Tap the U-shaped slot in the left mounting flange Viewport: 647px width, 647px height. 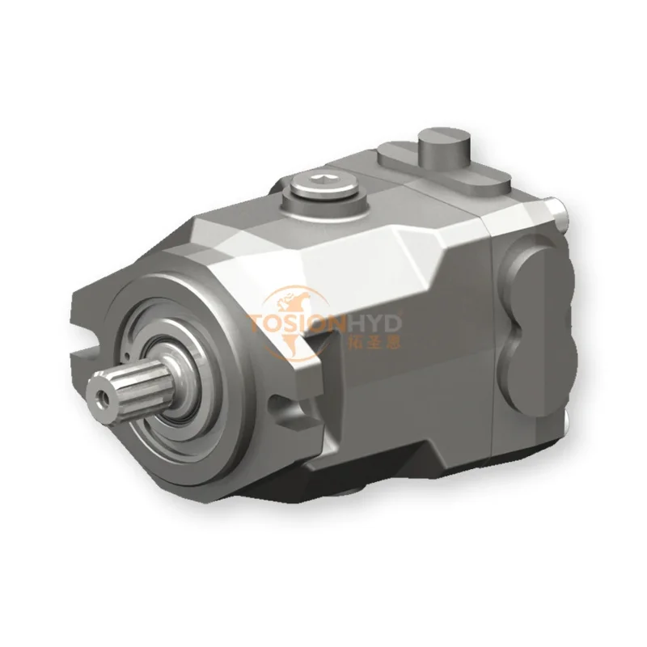[85, 343]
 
